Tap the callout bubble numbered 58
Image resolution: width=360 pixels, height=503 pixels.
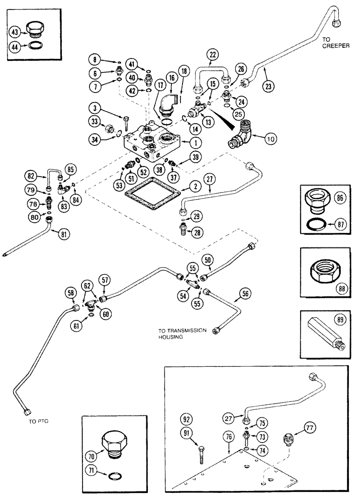coord(71,293)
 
